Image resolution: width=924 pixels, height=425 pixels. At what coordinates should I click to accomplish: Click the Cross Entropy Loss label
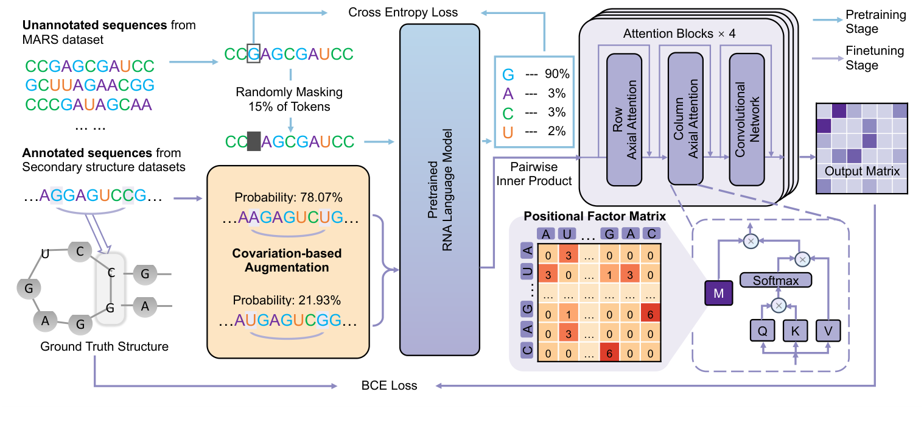[x=403, y=12]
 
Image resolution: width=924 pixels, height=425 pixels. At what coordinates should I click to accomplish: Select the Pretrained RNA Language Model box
[x=439, y=189]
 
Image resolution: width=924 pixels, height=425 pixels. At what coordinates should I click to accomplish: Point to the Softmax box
[x=777, y=280]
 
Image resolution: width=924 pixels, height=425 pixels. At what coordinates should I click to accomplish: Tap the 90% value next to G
[x=557, y=74]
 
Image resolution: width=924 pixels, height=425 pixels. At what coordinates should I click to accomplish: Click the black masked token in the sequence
[x=253, y=142]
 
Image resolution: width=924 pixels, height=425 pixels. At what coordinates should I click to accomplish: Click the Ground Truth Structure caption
[x=104, y=346]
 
